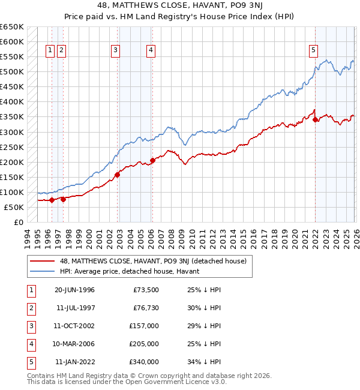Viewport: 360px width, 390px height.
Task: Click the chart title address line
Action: coord(180,5)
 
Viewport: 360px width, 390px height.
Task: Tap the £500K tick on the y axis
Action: coord(12,72)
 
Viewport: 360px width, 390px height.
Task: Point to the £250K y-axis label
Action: coord(12,147)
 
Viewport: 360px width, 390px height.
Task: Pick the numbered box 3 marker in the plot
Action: coord(115,50)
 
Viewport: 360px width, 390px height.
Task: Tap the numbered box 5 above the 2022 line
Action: coord(313,50)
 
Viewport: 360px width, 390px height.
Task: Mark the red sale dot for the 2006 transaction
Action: coord(152,160)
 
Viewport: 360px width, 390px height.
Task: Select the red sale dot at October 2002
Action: coord(118,175)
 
